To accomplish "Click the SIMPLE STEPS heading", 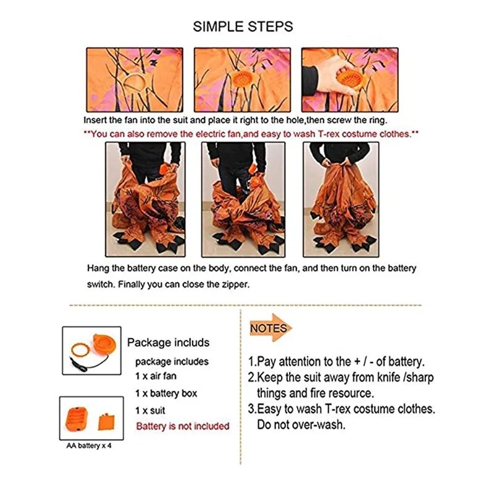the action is pyautogui.click(x=243, y=27).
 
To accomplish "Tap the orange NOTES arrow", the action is pyautogui.click(x=270, y=328).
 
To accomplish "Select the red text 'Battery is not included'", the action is pyautogui.click(x=183, y=426).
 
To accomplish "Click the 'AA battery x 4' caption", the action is pyautogui.click(x=89, y=446).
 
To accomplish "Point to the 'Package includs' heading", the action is pyautogui.click(x=168, y=343).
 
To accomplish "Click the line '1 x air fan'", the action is pyautogui.click(x=156, y=376).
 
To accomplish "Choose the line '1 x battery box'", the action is pyautogui.click(x=166, y=393).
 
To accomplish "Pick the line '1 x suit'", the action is pyautogui.click(x=150, y=411).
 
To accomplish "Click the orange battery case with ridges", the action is pyautogui.click(x=76, y=419).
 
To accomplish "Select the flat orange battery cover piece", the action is pyautogui.click(x=106, y=422).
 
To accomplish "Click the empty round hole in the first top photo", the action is pyautogui.click(x=135, y=83).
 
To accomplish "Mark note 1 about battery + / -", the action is pyautogui.click(x=336, y=362).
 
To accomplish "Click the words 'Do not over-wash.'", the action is pyautogui.click(x=301, y=425).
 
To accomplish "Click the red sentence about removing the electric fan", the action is pyautogui.click(x=251, y=134).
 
